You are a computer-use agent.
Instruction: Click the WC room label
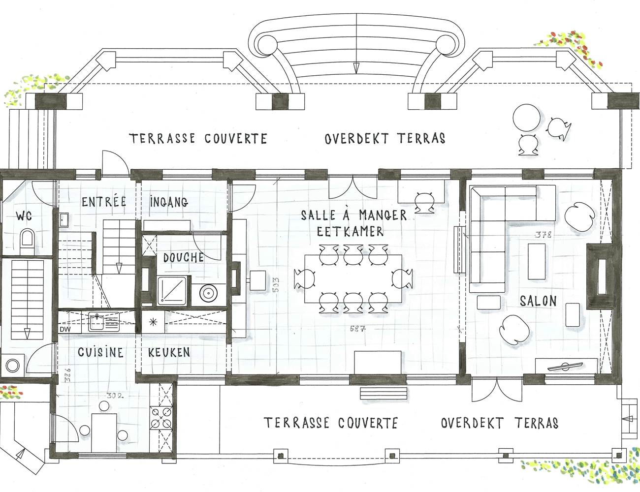pyautogui.click(x=24, y=215)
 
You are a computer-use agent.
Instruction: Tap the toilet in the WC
pyautogui.click(x=27, y=242)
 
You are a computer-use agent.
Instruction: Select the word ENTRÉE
pyautogui.click(x=104, y=202)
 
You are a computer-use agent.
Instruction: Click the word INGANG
pyautogui.click(x=168, y=202)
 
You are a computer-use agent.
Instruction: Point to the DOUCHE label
pyautogui.click(x=183, y=258)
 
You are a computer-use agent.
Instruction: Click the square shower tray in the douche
pyautogui.click(x=172, y=290)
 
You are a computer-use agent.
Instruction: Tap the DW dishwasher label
pyautogui.click(x=65, y=329)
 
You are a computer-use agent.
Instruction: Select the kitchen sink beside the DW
pyautogui.click(x=102, y=323)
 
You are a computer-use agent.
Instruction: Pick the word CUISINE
pyautogui.click(x=100, y=352)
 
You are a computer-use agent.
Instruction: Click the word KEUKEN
pyautogui.click(x=169, y=352)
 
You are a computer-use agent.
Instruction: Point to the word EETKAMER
pyautogui.click(x=350, y=231)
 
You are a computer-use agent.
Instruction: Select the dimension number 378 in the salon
pyautogui.click(x=543, y=235)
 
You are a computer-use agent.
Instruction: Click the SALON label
pyautogui.click(x=538, y=301)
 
